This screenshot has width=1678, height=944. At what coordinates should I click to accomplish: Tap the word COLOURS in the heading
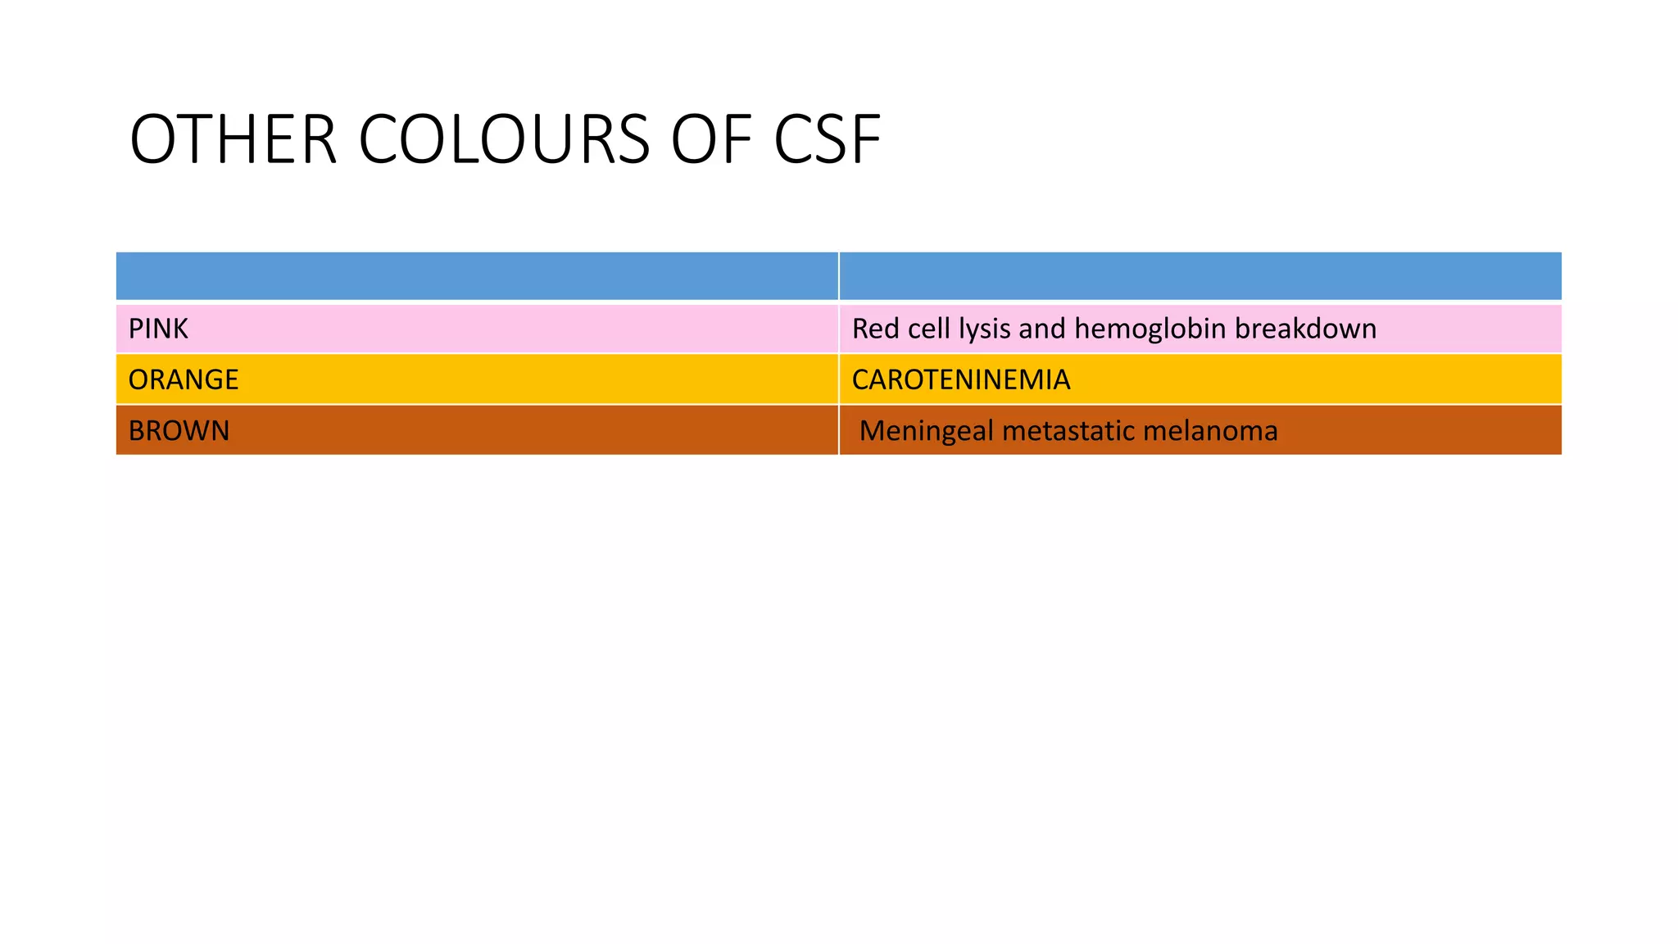pyautogui.click(x=505, y=140)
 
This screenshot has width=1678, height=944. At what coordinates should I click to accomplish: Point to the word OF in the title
pyautogui.click(x=710, y=140)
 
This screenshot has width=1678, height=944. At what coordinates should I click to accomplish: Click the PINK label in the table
pyautogui.click(x=158, y=329)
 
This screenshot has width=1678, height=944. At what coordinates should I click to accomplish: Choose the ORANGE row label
pyautogui.click(x=184, y=379)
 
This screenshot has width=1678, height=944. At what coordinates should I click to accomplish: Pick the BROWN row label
pyautogui.click(x=179, y=430)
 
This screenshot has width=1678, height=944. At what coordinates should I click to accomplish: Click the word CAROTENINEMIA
pyautogui.click(x=961, y=379)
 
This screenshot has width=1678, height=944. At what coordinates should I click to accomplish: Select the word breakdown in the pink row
pyautogui.click(x=1305, y=329)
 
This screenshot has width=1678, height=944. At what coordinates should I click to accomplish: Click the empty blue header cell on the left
pyautogui.click(x=477, y=276)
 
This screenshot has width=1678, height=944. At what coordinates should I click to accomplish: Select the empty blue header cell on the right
pyautogui.click(x=1200, y=276)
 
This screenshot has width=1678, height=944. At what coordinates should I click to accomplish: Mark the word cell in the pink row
pyautogui.click(x=929, y=329)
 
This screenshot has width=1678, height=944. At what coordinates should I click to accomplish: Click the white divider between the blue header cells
pyautogui.click(x=839, y=276)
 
